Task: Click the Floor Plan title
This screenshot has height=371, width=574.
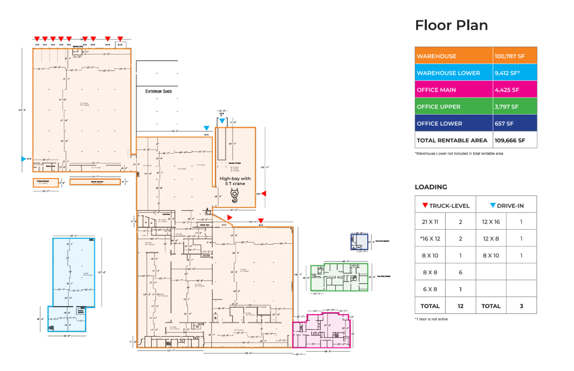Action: [x=451, y=25]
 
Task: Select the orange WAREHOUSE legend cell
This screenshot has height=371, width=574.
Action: [x=454, y=56]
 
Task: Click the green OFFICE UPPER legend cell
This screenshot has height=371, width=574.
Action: [x=454, y=107]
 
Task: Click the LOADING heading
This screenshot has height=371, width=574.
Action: [x=431, y=187]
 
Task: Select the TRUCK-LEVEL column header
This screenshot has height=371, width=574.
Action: [x=445, y=205]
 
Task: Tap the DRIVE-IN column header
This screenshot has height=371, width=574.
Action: [x=506, y=205]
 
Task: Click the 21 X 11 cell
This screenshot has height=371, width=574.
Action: [x=430, y=222]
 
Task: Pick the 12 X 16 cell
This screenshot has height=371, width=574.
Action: [x=491, y=222]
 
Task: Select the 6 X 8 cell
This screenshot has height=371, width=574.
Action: [x=430, y=289]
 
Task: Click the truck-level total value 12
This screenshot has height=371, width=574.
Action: [x=460, y=306]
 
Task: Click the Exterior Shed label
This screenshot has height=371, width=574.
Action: [x=158, y=91]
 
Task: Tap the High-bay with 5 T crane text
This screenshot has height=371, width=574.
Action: [x=235, y=181]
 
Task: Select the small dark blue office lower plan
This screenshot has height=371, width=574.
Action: [x=359, y=242]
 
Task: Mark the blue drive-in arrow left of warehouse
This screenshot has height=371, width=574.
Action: [x=23, y=159]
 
